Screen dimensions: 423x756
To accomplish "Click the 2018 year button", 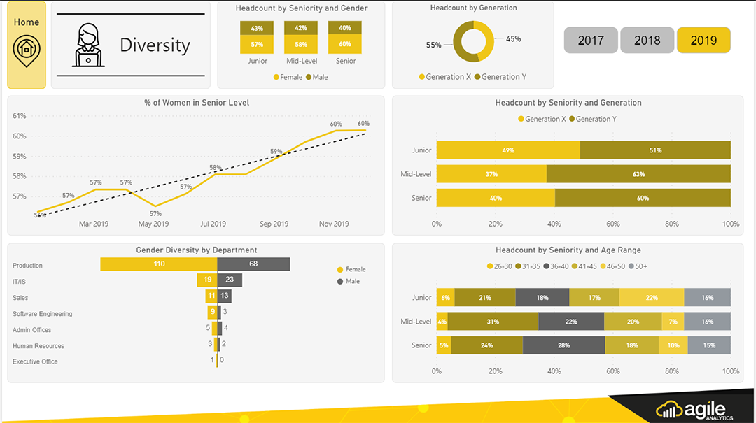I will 647,41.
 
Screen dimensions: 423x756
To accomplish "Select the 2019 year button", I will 703,41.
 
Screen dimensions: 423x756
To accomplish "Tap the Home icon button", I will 27,45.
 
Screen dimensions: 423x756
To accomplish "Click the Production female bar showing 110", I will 159,264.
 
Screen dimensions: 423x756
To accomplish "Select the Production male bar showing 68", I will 253,264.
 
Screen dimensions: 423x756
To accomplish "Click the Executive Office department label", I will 35,361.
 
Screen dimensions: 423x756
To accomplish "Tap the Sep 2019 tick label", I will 274,224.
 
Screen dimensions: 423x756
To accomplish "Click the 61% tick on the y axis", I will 20,116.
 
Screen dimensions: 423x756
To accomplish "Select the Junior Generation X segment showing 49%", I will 508,150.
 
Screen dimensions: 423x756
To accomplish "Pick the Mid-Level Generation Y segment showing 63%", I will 638,174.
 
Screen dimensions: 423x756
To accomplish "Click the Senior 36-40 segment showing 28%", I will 563,345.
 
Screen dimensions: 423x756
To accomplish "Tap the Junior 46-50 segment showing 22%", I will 652,298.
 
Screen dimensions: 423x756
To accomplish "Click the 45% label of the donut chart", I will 513,39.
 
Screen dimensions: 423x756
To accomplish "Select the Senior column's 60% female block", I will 345,45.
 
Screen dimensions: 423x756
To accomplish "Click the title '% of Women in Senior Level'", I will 197,103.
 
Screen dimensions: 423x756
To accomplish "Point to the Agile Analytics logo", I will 694,410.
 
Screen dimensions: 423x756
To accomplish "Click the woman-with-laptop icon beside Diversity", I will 90,45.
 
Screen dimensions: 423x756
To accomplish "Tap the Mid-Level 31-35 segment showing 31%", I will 493,322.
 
